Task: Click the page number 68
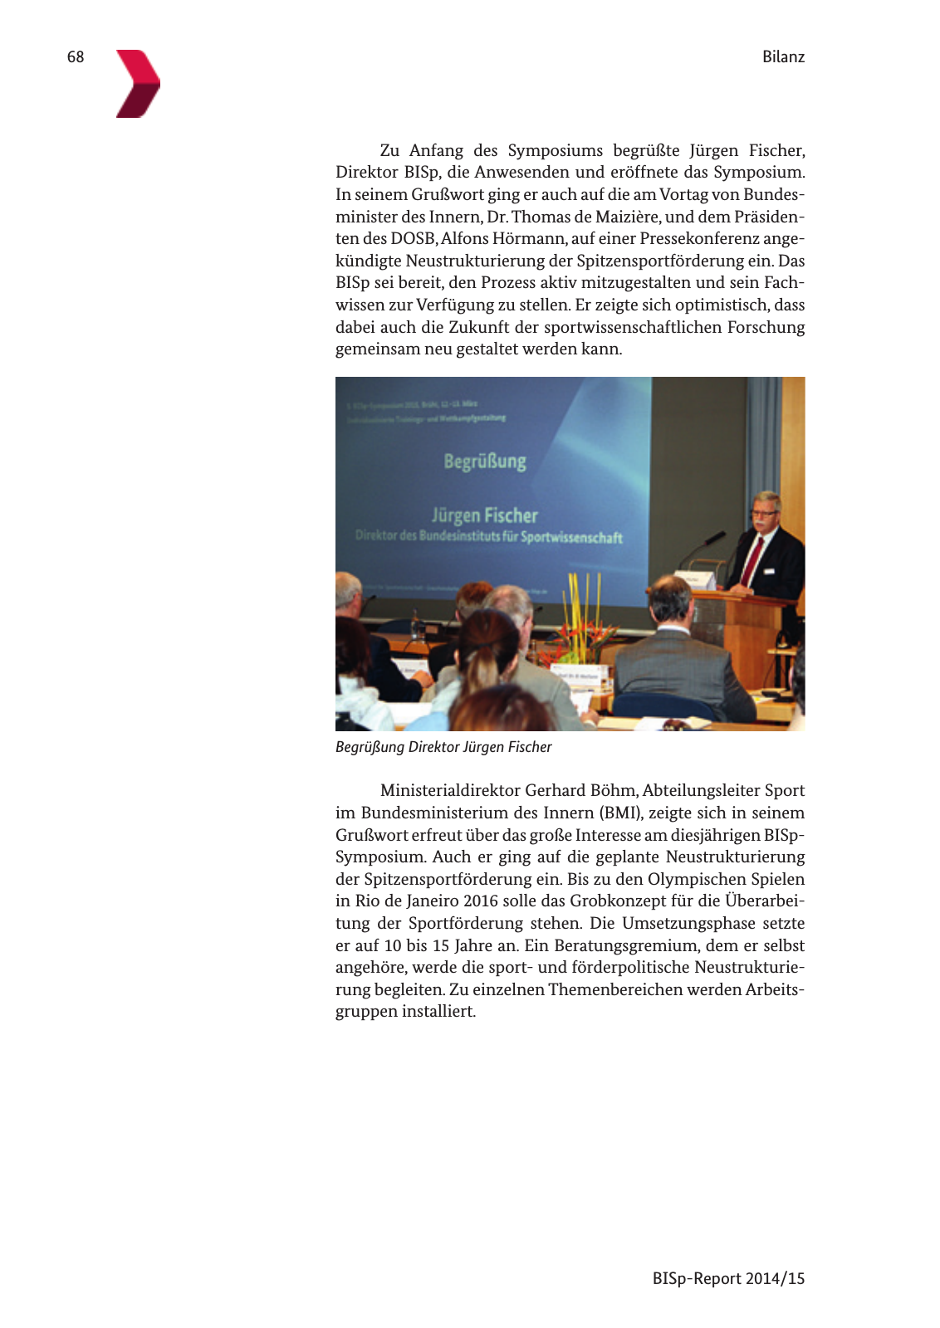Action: click(76, 56)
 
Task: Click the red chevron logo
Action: click(138, 83)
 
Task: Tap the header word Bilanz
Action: click(783, 56)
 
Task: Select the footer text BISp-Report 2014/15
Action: click(728, 1278)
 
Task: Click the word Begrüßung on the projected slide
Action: click(485, 461)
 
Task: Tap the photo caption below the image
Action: click(443, 747)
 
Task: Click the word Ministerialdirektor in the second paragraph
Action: click(450, 790)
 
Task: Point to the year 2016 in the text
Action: click(481, 901)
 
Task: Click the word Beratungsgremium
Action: click(627, 945)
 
